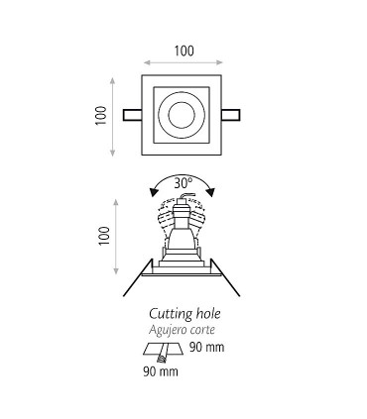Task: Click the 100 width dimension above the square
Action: coord(183,52)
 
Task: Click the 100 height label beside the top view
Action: coord(101,115)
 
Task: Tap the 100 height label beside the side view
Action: coord(104,236)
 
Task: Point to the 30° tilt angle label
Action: coord(183,183)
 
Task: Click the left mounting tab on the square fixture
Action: coord(132,115)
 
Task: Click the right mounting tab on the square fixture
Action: coord(230,115)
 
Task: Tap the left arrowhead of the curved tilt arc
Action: coord(154,193)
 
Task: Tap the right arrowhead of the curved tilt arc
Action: coord(211,192)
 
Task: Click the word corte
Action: coord(203,330)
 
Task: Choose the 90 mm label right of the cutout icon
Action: coord(207,347)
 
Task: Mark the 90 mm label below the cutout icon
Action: coord(161,371)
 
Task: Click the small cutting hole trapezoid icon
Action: coord(163,350)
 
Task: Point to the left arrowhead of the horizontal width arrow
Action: coord(147,62)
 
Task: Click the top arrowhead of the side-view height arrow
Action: coord(116,202)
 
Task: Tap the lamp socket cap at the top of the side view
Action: coord(183,201)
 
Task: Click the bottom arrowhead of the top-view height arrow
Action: coord(113,153)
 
